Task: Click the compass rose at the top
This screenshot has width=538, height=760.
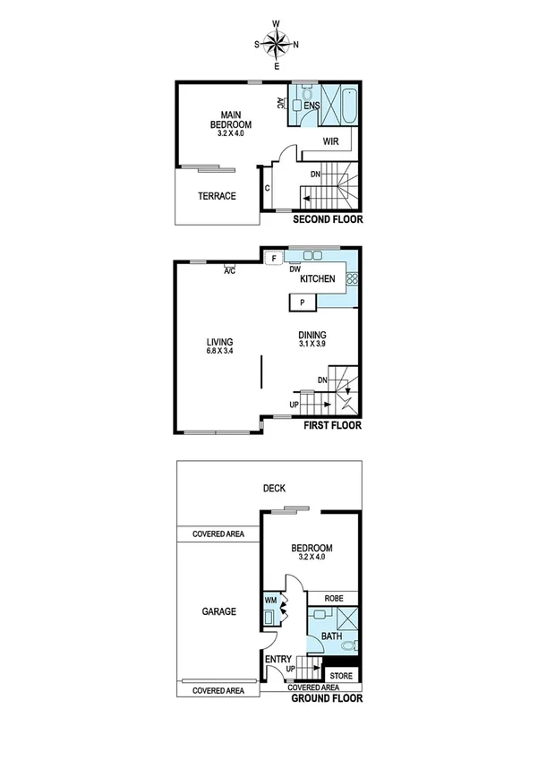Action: tap(277, 43)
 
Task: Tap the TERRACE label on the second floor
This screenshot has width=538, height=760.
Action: tap(218, 196)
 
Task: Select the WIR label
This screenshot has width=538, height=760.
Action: tap(331, 141)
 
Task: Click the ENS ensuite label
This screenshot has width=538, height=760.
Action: tap(312, 107)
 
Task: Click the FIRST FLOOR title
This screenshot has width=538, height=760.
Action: tap(332, 426)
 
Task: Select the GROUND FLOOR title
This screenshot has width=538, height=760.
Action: tap(327, 697)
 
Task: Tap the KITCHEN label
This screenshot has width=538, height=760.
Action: tap(317, 279)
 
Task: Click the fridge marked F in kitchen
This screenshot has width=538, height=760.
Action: tap(273, 259)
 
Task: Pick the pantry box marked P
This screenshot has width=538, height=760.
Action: tap(303, 303)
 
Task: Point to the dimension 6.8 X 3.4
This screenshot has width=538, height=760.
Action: tap(219, 352)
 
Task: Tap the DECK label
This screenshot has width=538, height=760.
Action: tap(274, 489)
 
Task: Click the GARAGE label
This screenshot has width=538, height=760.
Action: tap(218, 612)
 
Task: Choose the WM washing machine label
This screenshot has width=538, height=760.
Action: tap(270, 601)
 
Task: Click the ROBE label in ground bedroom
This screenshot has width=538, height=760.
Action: tap(332, 598)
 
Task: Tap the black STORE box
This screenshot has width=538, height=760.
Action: tap(341, 675)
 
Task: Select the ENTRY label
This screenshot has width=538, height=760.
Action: tap(277, 660)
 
